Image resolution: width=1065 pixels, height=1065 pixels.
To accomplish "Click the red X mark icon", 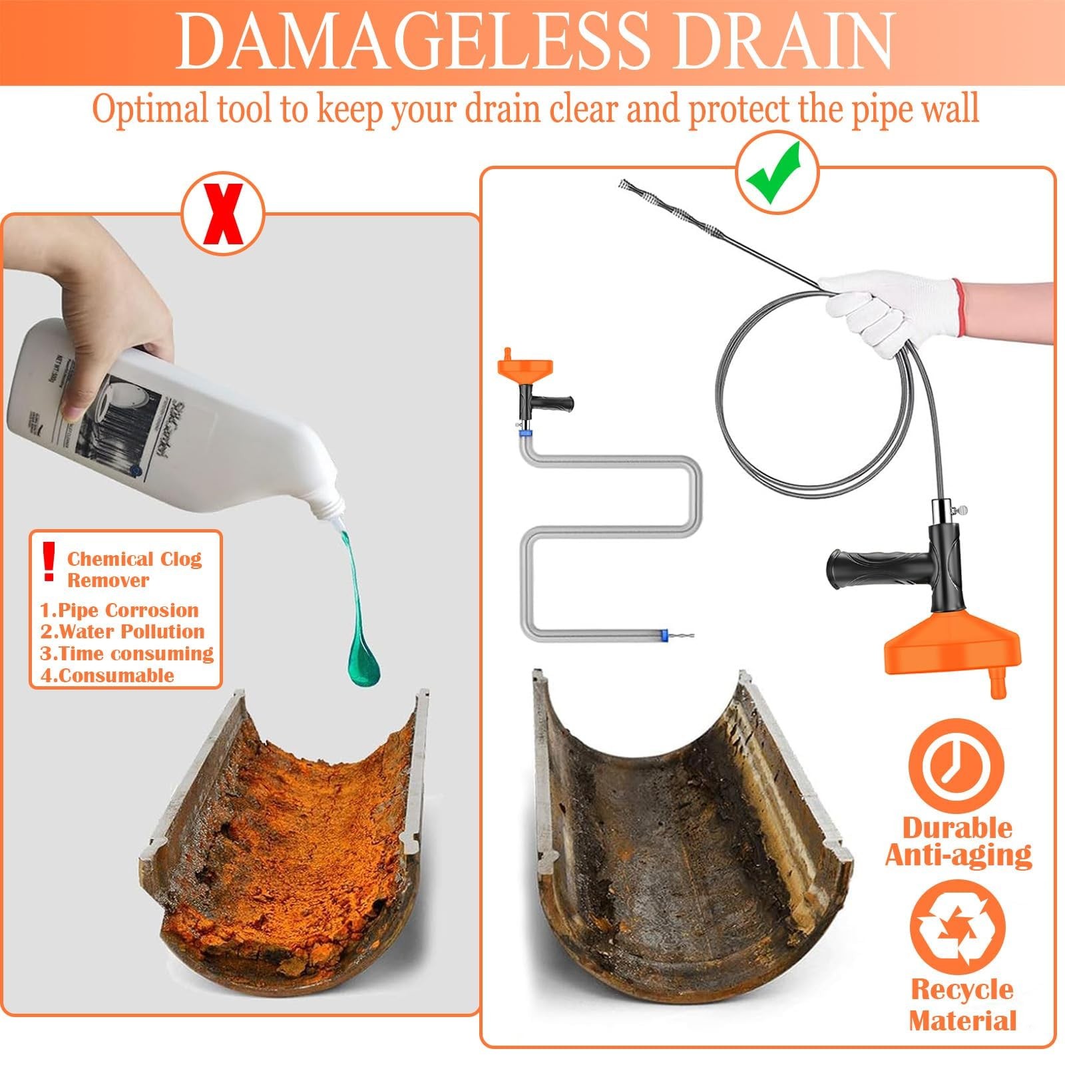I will pyautogui.click(x=223, y=214).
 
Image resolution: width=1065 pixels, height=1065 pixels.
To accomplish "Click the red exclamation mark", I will pyautogui.click(x=48, y=560).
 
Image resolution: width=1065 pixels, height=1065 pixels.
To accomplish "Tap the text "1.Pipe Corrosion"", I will pyautogui.click(x=119, y=610).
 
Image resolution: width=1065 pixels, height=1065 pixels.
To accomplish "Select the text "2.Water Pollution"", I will pyautogui.click(x=122, y=631).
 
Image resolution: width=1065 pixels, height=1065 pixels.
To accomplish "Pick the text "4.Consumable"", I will pyautogui.click(x=107, y=675).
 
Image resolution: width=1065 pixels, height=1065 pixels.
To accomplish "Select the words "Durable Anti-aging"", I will pyautogui.click(x=958, y=841).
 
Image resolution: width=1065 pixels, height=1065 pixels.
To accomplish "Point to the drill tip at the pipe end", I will pyautogui.click(x=680, y=636).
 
